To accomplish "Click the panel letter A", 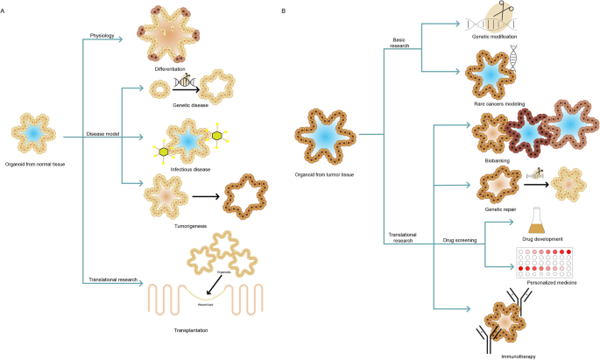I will click(4, 10).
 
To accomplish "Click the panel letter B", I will click(282, 10).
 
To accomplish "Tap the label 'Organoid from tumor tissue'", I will click(325, 175).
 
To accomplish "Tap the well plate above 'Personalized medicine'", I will click(544, 260).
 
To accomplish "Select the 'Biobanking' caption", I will click(497, 160).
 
